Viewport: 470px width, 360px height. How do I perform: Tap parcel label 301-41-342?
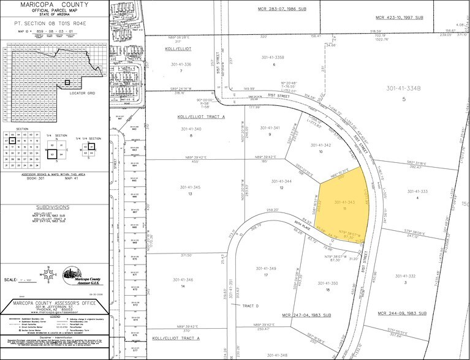pos(320,145)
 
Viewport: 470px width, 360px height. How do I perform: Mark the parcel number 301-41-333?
pos(417,192)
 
